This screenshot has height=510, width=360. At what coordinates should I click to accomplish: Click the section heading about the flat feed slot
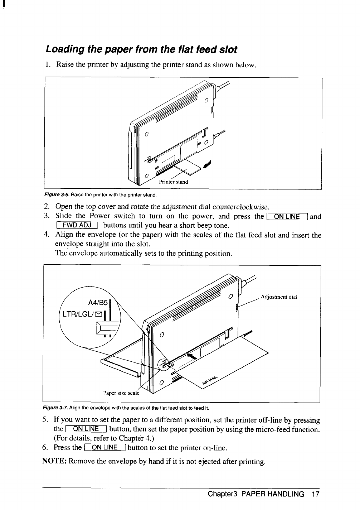coord(141,49)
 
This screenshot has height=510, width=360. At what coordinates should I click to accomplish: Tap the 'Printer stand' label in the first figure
coord(173,182)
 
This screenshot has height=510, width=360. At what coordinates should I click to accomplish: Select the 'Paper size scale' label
coord(120,393)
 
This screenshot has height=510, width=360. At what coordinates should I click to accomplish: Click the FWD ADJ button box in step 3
coord(77,225)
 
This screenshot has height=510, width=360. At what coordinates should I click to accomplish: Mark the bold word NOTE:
coord(54,461)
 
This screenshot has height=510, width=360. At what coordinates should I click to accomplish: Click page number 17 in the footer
coord(315,495)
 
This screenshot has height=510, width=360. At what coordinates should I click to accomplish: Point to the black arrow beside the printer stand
coord(206,164)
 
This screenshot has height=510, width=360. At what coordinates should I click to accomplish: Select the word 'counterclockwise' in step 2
coord(240,207)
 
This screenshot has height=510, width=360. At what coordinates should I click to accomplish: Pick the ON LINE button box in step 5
coord(86,429)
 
